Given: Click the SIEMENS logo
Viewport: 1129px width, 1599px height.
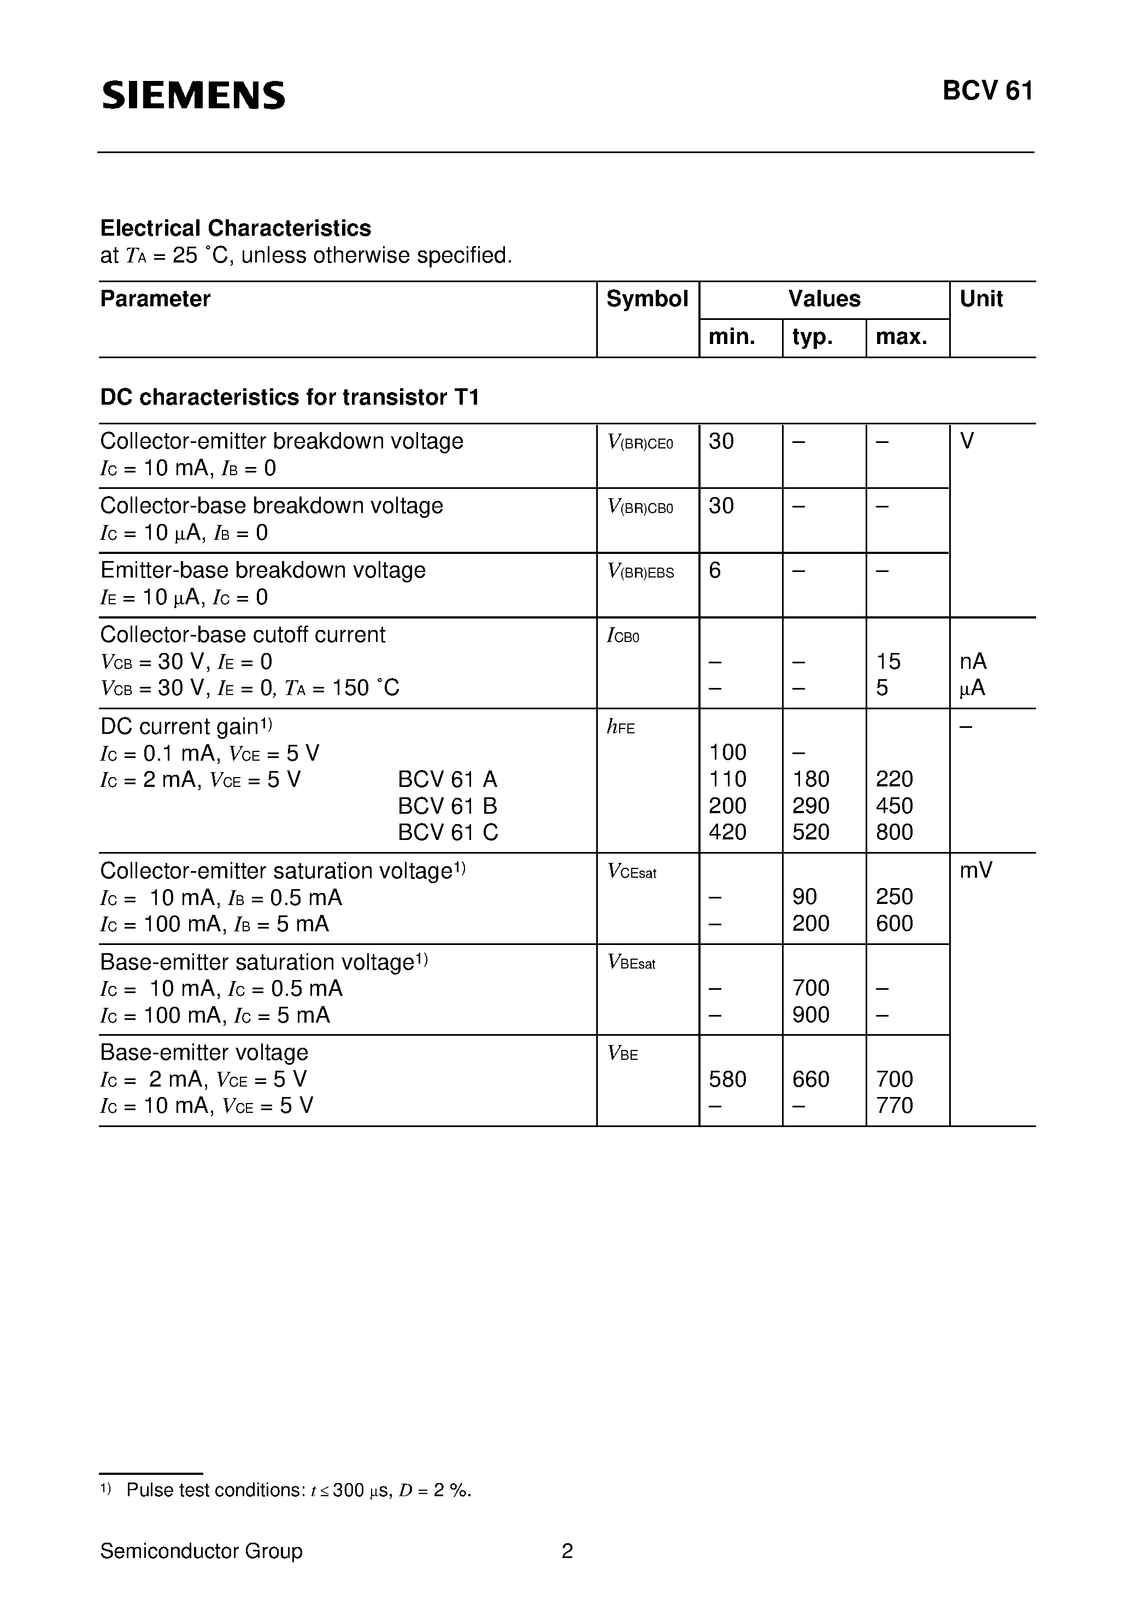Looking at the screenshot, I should point(193,95).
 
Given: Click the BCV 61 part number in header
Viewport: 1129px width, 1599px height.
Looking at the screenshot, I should point(987,91).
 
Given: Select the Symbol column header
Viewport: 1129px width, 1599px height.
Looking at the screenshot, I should point(646,299).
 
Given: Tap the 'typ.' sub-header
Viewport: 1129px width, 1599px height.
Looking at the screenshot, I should point(812,337).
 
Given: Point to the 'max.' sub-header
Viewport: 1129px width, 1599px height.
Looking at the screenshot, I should point(901,337).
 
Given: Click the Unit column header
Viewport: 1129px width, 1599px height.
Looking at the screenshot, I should point(981,299).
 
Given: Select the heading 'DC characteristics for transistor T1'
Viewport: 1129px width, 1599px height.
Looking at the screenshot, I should point(290,397).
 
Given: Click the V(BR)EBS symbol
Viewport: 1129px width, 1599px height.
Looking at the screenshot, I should point(640,572).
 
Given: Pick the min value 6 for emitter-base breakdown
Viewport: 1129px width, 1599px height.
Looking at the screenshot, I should point(715,570).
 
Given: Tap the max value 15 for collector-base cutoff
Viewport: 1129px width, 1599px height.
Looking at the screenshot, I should point(888,661).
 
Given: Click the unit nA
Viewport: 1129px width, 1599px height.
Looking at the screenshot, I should point(973,661).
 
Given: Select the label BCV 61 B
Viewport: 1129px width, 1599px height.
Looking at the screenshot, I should point(448,806).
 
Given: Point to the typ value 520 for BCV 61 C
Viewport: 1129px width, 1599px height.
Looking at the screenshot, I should point(811,832).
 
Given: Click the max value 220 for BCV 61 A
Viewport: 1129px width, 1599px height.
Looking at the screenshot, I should point(895,779).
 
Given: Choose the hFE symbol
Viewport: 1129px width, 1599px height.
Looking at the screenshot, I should point(621,728).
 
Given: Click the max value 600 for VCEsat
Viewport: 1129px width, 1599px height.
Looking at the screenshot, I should point(895,924).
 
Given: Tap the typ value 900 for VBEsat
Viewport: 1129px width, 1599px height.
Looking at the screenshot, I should point(811,1015).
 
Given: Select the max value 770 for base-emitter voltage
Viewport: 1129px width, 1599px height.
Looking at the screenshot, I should point(895,1105).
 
